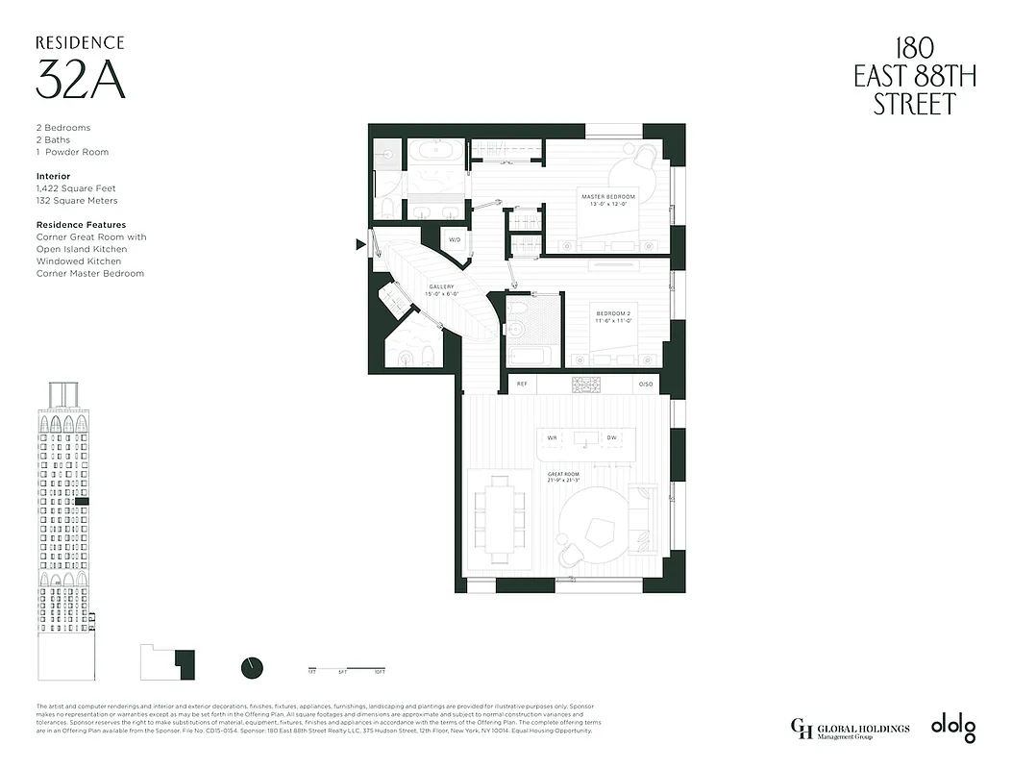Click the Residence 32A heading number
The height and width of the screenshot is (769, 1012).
click(81, 79)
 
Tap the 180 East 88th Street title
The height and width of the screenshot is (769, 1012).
click(914, 76)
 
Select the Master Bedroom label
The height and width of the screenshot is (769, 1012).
click(608, 198)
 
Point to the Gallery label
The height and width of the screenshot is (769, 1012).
click(441, 287)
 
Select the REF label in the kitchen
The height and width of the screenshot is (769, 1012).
click(522, 384)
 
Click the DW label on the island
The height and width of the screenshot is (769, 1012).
click(611, 438)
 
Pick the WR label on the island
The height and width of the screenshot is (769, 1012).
click(553, 438)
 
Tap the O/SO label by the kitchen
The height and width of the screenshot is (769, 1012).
click(646, 384)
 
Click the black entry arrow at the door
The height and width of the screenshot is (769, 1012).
click(360, 244)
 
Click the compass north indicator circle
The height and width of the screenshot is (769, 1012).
click(252, 666)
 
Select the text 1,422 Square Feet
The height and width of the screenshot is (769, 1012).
click(76, 189)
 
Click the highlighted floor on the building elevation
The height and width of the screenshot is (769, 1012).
click(83, 502)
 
